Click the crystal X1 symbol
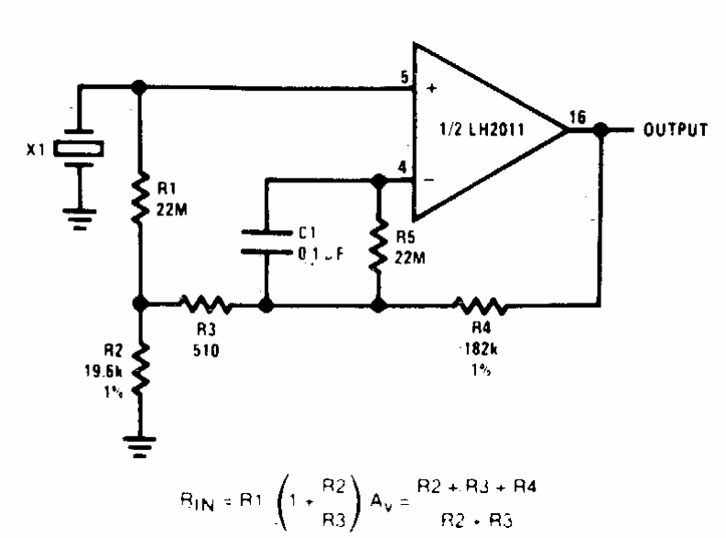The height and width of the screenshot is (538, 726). coord(78,148)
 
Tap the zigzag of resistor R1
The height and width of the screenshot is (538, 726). coord(139,201)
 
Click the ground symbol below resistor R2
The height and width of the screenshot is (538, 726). coord(139,448)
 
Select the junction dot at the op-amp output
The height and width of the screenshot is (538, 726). coord(600,130)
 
